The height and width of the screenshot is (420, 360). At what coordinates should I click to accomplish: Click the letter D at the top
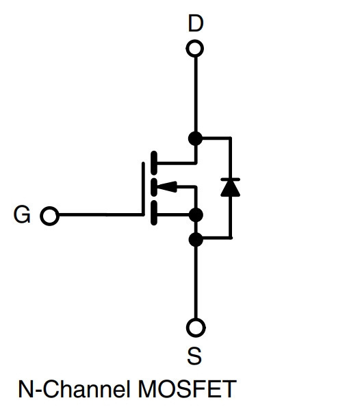tap(196, 23)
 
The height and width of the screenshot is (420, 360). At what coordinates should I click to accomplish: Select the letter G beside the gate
tap(22, 214)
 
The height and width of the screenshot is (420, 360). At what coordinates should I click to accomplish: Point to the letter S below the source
tap(194, 356)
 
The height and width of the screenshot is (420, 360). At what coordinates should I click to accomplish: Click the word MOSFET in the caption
tap(187, 388)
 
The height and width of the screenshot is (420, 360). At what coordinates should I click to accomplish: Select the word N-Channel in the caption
tap(75, 388)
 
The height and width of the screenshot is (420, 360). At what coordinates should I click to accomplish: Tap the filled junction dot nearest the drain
tap(195, 138)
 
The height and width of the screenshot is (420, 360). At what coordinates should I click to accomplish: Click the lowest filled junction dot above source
tap(196, 240)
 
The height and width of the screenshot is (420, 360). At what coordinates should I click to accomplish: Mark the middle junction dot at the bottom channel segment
tap(196, 215)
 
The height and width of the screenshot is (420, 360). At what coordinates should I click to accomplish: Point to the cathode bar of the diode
tap(230, 179)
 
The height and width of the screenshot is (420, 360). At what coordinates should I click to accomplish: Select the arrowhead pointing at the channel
tap(167, 186)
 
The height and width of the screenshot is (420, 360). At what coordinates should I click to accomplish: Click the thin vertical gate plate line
tap(143, 188)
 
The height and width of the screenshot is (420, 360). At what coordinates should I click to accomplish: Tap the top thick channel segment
tap(154, 162)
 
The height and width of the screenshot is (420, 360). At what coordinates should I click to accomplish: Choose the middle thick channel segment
tap(154, 186)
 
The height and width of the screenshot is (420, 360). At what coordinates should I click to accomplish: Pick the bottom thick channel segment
tap(154, 213)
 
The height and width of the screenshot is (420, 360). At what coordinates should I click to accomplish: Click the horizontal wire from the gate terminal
tap(101, 215)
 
